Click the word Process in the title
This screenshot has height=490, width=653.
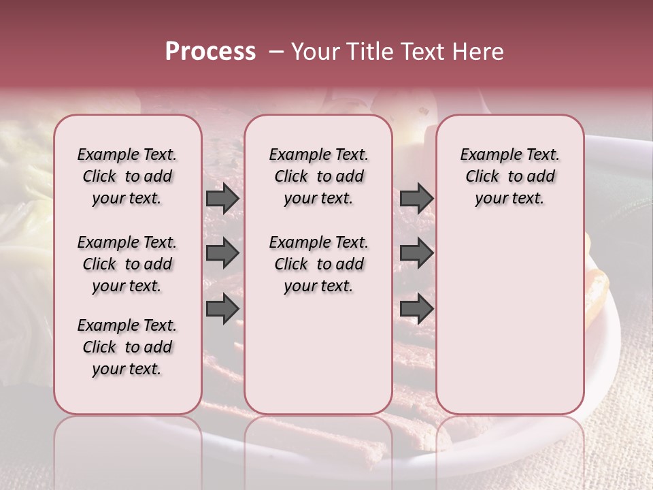(x=210, y=52)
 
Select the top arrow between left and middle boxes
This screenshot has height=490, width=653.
(x=222, y=198)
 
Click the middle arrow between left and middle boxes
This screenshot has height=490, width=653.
(x=222, y=253)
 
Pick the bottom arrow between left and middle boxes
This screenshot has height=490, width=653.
(x=222, y=309)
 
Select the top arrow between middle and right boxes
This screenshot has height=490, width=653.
(x=416, y=198)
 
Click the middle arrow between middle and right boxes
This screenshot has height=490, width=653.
(x=416, y=253)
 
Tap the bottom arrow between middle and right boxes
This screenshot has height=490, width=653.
(x=416, y=309)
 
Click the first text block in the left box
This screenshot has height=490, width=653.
(x=127, y=176)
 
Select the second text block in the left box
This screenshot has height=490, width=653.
(x=127, y=264)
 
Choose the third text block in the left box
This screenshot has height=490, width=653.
(x=127, y=347)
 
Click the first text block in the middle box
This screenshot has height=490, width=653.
(x=318, y=176)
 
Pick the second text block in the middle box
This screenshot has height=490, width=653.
(x=318, y=264)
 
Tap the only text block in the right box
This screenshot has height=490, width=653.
(x=509, y=176)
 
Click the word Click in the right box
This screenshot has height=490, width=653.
(x=482, y=177)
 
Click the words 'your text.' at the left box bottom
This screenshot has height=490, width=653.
(x=127, y=369)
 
